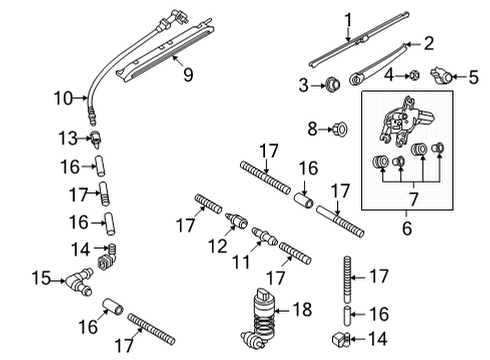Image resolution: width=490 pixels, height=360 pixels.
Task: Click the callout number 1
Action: coord(348,20)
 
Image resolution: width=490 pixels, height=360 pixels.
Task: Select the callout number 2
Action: coord(429,44)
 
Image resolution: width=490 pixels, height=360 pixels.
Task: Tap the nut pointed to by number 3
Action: coord(332,85)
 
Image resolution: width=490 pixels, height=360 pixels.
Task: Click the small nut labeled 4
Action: coord(414,75)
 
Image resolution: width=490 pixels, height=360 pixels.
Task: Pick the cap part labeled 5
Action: coord(442,76)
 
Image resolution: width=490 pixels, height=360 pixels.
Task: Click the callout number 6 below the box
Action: coord(407,228)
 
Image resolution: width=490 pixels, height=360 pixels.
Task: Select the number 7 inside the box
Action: coord(414,200)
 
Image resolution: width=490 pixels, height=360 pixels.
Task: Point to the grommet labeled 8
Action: coord(340,128)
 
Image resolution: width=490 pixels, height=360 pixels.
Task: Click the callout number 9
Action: coord(188,75)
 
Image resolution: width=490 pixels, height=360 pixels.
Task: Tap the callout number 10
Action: coord(63,98)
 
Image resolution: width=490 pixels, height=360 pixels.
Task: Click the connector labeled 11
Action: coord(264,236)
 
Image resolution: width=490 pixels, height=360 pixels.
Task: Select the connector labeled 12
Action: coord(236,220)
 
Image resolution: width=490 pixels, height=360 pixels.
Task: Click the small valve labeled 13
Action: coord(96,139)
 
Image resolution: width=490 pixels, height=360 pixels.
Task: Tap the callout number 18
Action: coord(302,310)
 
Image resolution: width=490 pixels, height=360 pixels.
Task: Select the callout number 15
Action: coord(41,278)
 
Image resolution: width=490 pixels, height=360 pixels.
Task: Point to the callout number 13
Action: coord(68,138)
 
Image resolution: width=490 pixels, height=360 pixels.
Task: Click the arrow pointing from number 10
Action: coord(81,98)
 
